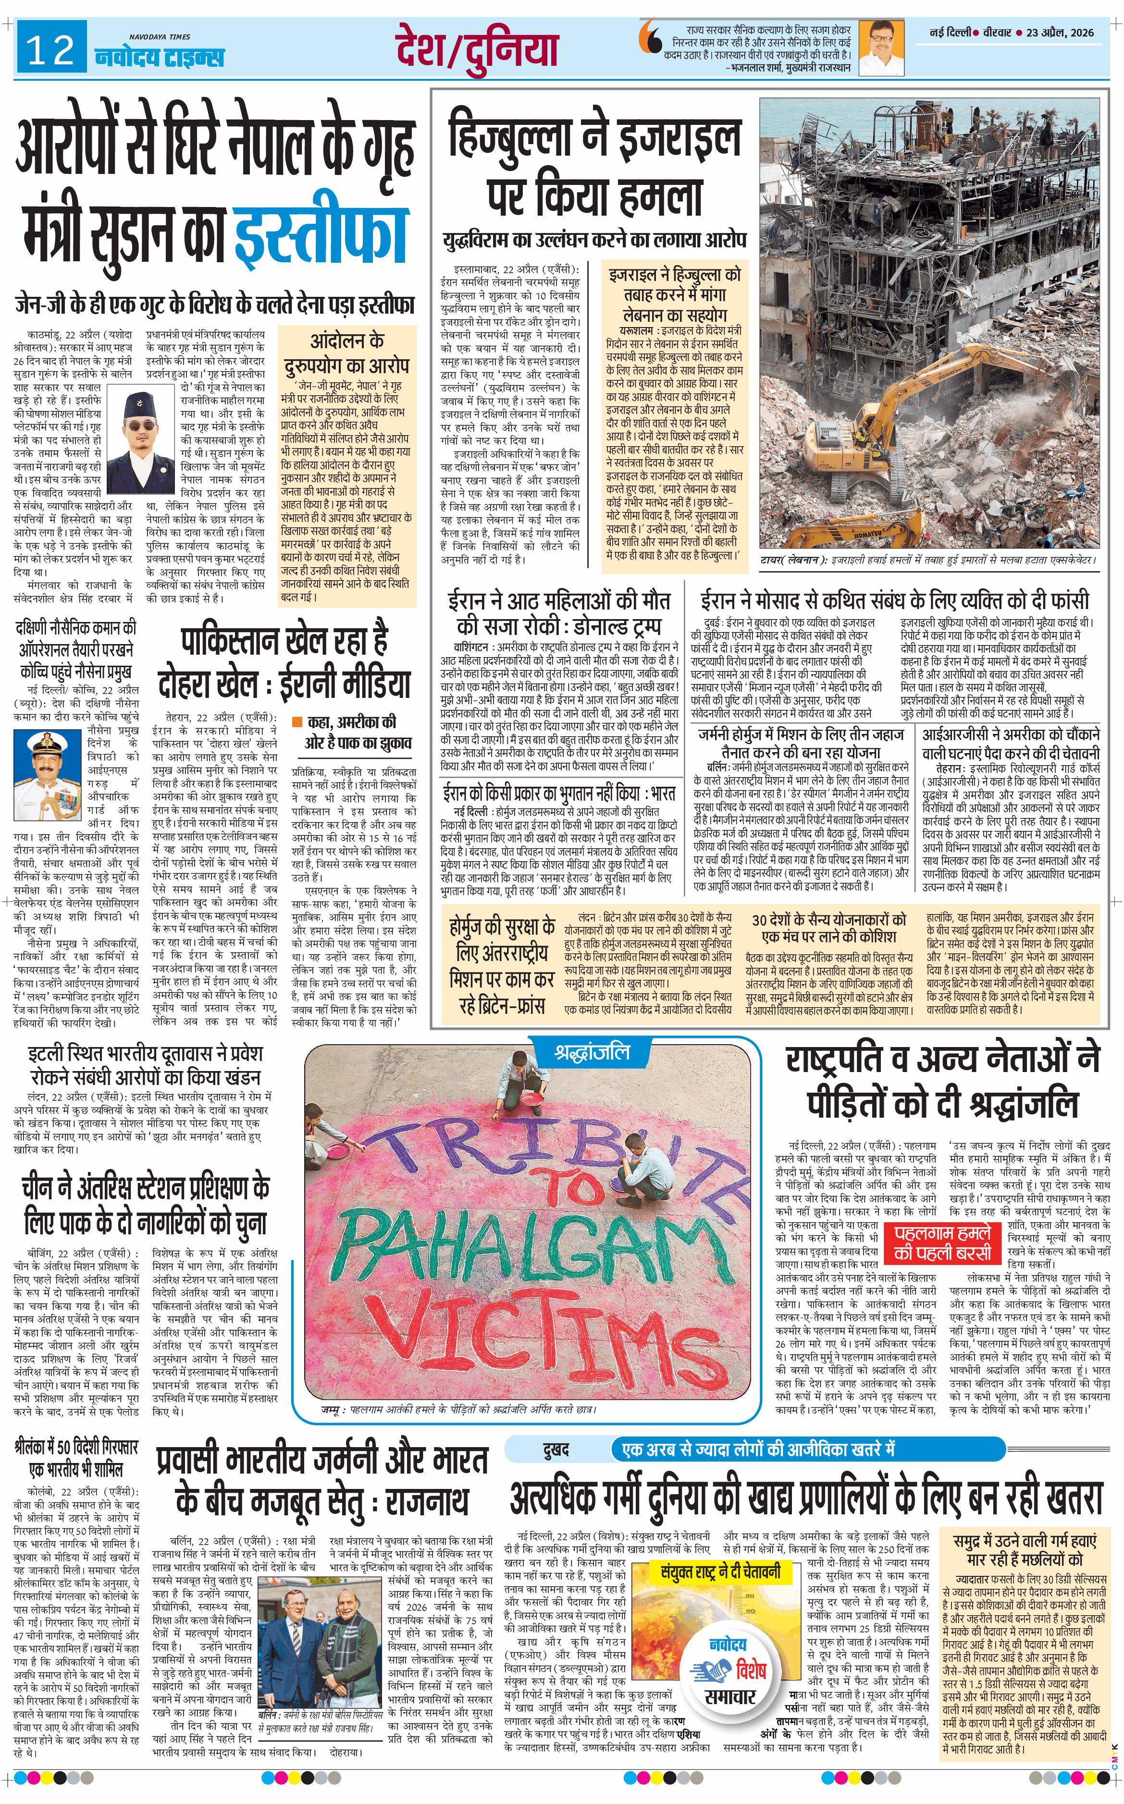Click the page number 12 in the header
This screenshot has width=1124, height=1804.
point(50,50)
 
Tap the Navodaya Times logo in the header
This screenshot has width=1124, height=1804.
point(159,53)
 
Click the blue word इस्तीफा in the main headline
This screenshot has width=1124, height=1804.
point(321,227)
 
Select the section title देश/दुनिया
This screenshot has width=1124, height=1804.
point(477,49)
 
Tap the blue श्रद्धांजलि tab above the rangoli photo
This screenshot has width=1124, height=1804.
point(591,1052)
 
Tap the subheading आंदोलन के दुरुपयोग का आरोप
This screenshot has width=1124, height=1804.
point(346,353)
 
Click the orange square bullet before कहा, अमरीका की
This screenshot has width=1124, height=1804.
point(296,721)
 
